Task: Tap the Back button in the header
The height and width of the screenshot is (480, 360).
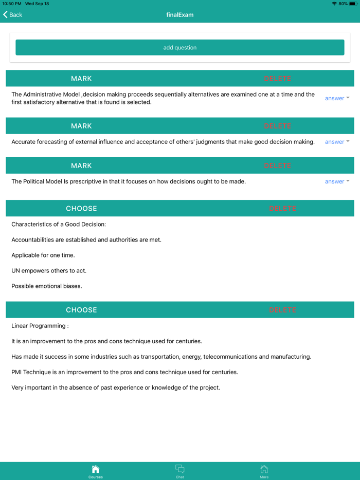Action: click(13, 15)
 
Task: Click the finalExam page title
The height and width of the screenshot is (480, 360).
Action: click(180, 15)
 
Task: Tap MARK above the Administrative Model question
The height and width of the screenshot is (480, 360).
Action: click(81, 79)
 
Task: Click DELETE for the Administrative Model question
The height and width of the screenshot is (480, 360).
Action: click(278, 79)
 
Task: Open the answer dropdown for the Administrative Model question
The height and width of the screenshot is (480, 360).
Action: click(337, 98)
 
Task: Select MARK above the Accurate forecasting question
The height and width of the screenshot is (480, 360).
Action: click(81, 126)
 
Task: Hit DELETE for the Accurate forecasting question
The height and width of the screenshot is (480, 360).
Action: click(278, 126)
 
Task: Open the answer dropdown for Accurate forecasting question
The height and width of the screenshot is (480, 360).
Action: click(337, 142)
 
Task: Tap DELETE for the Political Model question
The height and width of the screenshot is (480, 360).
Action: click(278, 165)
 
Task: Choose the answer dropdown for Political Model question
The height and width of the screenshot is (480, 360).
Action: click(337, 181)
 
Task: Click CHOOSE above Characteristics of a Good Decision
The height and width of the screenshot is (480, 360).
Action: click(81, 209)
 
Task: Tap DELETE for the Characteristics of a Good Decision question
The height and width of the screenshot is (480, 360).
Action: click(282, 209)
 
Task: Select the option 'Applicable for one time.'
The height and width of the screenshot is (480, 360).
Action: click(43, 255)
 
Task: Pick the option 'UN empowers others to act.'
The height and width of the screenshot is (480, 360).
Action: click(49, 271)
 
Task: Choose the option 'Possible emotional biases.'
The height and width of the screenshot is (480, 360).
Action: click(47, 286)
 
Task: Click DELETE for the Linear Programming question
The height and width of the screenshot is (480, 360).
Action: click(282, 310)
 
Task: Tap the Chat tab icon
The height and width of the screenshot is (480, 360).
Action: click(179, 470)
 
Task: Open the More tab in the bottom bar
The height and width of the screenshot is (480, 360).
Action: click(264, 470)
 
